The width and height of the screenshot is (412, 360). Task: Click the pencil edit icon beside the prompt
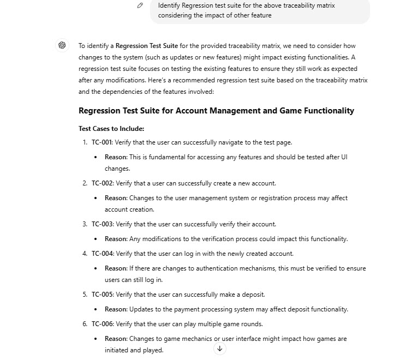click(140, 5)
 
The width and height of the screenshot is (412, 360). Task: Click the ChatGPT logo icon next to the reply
click(62, 45)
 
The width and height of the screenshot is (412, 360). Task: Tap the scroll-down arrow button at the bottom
click(219, 349)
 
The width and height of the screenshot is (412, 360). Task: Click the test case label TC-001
click(101, 142)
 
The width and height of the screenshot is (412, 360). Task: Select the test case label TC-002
click(101, 183)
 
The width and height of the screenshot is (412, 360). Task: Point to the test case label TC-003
click(101, 224)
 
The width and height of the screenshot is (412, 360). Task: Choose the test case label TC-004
click(101, 254)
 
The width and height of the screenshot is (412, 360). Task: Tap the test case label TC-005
click(101, 295)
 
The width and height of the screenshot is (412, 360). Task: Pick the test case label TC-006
click(101, 324)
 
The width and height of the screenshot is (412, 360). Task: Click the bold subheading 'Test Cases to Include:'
click(111, 129)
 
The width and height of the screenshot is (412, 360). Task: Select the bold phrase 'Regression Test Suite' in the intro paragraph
click(147, 46)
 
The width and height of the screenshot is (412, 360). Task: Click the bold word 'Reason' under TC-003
click(116, 239)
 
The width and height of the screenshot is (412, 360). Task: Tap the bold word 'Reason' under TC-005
click(116, 309)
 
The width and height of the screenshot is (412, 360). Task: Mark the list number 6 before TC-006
click(85, 324)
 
